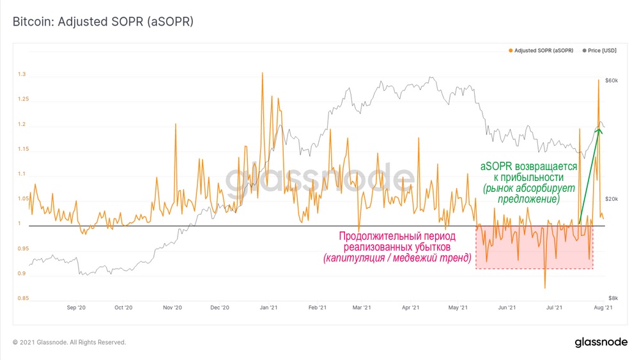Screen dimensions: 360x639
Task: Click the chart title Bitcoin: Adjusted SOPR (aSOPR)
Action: (103, 22)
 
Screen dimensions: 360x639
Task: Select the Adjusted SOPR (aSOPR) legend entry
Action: (544, 50)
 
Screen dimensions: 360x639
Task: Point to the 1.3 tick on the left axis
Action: (22, 75)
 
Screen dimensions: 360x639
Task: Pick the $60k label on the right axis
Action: (611, 81)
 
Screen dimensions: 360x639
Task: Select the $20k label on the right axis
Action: (611, 199)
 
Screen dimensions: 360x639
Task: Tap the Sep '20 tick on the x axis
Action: (76, 308)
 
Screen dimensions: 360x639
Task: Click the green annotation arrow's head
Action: (599, 130)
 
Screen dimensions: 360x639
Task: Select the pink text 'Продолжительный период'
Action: (397, 236)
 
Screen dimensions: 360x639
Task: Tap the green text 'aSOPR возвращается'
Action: (528, 166)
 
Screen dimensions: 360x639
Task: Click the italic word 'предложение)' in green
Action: (528, 199)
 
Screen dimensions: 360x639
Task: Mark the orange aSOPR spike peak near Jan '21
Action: (263, 74)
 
